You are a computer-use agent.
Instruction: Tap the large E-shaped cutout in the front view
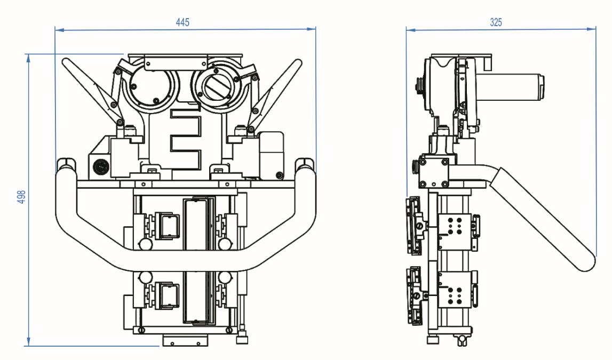pyautogui.click(x=185, y=136)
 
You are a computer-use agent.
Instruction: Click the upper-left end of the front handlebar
pyautogui.click(x=65, y=165)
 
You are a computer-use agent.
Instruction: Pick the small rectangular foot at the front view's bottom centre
pyautogui.click(x=185, y=340)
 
